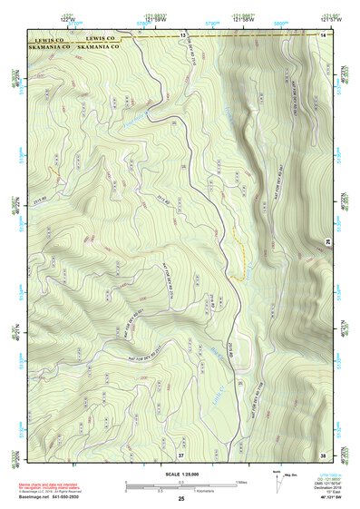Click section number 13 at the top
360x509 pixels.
[x=181, y=34]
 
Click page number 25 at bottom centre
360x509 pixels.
[x=181, y=499]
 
